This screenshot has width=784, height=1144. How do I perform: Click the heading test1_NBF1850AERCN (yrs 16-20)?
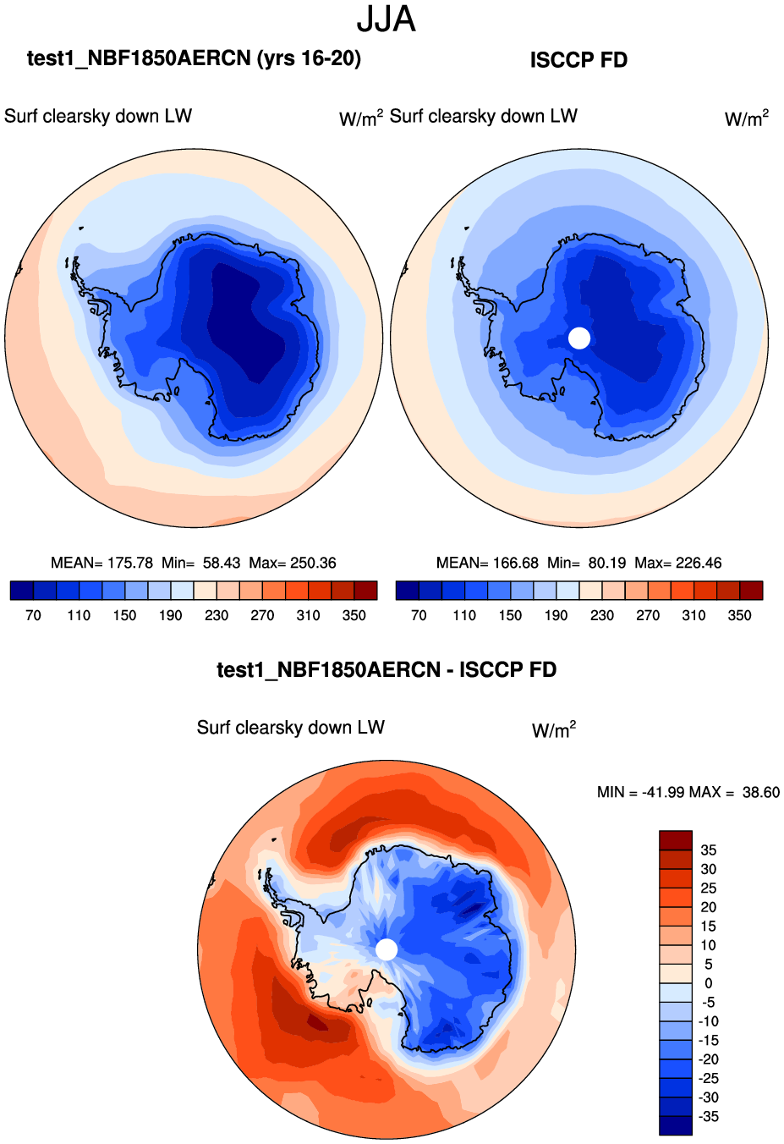194,58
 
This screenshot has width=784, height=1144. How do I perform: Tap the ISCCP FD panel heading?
578,60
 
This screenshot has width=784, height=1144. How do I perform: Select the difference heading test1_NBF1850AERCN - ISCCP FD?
387,670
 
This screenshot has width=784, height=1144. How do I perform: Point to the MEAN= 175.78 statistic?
101,563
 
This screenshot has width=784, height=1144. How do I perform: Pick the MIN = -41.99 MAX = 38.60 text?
688,792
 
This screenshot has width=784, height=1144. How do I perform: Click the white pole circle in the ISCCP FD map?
579,338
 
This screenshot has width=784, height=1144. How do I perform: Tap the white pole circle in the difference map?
387,949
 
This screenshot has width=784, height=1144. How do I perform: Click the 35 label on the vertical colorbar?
708,850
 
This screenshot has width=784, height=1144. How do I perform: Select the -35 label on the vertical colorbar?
708,1117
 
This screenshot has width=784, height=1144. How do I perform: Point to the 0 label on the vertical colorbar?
708,983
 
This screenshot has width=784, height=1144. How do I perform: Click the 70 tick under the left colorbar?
33,615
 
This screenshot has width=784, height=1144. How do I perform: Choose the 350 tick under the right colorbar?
739,615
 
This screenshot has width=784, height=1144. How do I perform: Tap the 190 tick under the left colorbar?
170,615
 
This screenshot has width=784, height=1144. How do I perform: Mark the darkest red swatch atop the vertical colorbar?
676,840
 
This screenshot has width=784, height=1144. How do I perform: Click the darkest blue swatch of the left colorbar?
22,591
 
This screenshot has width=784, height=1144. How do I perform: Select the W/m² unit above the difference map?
553,730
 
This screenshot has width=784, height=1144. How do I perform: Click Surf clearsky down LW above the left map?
98,117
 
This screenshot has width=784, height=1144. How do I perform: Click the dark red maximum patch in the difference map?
315,1022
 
